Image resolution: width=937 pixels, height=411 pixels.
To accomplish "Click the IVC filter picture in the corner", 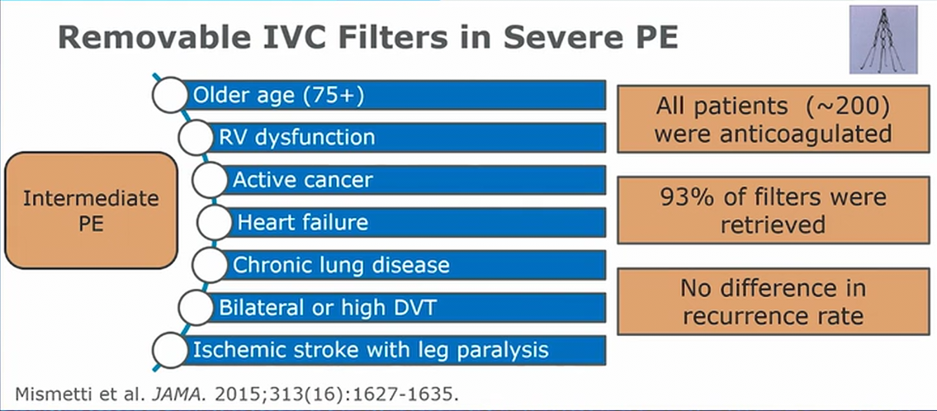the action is [883, 40].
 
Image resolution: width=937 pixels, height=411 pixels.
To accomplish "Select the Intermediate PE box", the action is [92, 210].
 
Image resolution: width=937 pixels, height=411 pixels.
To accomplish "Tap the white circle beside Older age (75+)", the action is [170, 94].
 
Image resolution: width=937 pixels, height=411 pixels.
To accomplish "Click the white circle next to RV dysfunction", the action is [196, 137].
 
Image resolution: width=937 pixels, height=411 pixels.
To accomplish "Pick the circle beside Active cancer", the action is [210, 180].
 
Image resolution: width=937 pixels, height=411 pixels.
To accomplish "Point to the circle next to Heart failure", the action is [215, 223].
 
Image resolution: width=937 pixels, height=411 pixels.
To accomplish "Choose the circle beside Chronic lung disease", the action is [210, 265].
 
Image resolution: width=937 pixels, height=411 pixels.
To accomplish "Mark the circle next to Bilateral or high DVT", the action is [196, 308].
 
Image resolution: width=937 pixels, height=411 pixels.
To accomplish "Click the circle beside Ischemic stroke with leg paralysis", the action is [170, 351].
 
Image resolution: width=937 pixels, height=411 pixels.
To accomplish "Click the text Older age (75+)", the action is [278, 96].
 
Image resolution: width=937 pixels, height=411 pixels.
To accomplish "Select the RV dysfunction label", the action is [297, 138].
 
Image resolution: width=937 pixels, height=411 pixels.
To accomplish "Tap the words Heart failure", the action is [303, 223].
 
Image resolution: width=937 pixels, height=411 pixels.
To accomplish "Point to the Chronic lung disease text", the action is [341, 265].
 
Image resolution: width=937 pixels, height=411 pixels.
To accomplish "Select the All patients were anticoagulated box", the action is [774, 118].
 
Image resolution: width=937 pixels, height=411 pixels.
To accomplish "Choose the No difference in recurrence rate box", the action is [774, 302].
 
